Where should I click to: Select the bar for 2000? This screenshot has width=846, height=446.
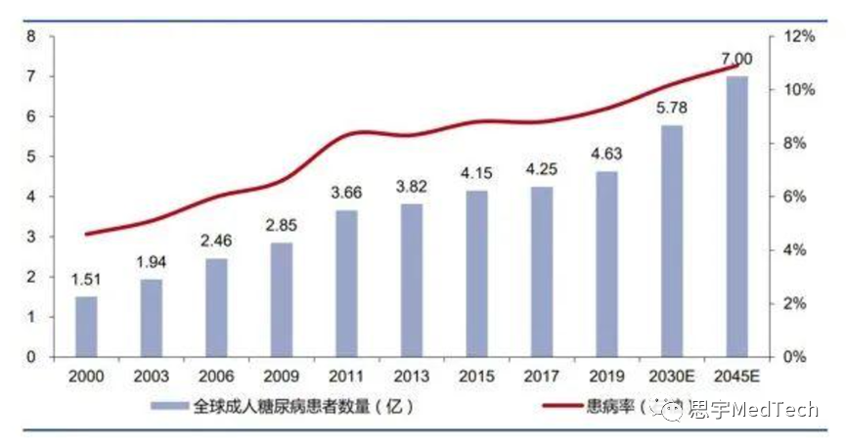pyautogui.click(x=86, y=327)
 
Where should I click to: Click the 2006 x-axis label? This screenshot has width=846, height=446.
pyautogui.click(x=216, y=377)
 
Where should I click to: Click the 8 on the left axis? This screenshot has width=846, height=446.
pyautogui.click(x=32, y=36)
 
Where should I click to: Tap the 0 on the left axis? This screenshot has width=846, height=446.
pyautogui.click(x=32, y=357)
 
